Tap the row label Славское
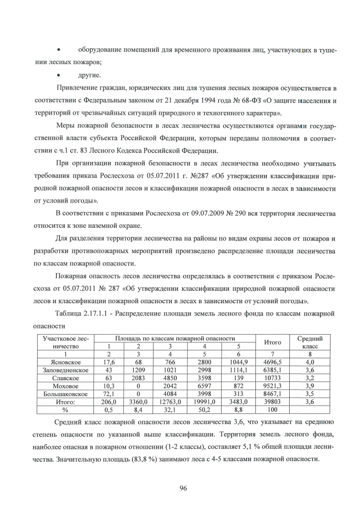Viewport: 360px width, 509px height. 65,379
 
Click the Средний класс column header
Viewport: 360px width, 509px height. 309,343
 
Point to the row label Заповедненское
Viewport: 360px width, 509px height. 65,371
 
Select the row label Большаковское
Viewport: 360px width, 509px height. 65,395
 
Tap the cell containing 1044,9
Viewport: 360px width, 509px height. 238,363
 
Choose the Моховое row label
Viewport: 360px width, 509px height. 65,387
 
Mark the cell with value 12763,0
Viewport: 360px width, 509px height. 169,403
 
